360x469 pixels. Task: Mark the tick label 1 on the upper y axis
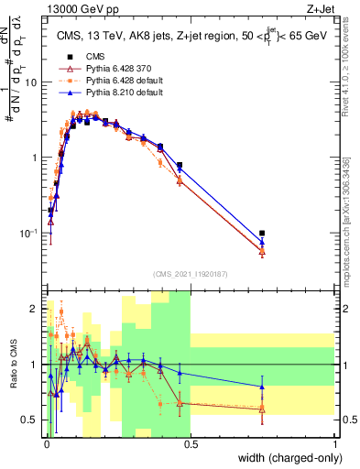click(38, 158)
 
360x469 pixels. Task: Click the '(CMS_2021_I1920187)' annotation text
click(190, 274)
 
